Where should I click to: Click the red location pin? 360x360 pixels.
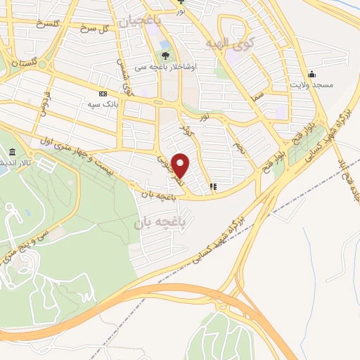click(x=181, y=165)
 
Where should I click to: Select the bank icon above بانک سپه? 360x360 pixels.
click(x=103, y=94)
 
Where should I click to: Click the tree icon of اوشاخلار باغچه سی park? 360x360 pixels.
click(x=165, y=56)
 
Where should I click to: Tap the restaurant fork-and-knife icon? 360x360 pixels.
click(x=213, y=187)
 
